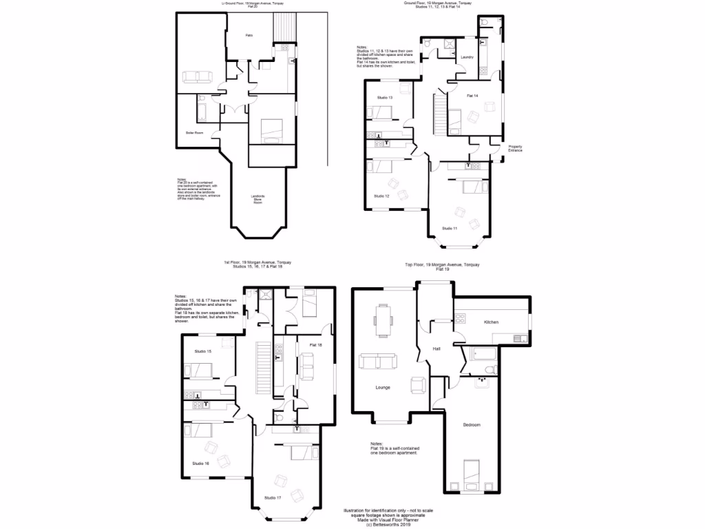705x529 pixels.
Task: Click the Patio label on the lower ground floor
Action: click(x=251, y=35)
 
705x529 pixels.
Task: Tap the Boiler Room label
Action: click(x=194, y=132)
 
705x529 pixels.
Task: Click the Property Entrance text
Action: click(x=515, y=148)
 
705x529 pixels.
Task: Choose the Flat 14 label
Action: click(x=472, y=95)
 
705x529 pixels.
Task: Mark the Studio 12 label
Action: click(x=382, y=196)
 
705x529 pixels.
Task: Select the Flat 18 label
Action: click(x=317, y=344)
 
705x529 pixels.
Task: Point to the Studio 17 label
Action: click(x=273, y=497)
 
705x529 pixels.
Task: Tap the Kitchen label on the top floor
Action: click(x=491, y=322)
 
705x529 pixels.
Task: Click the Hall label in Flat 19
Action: click(x=436, y=349)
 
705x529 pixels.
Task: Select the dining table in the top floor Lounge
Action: click(x=382, y=320)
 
